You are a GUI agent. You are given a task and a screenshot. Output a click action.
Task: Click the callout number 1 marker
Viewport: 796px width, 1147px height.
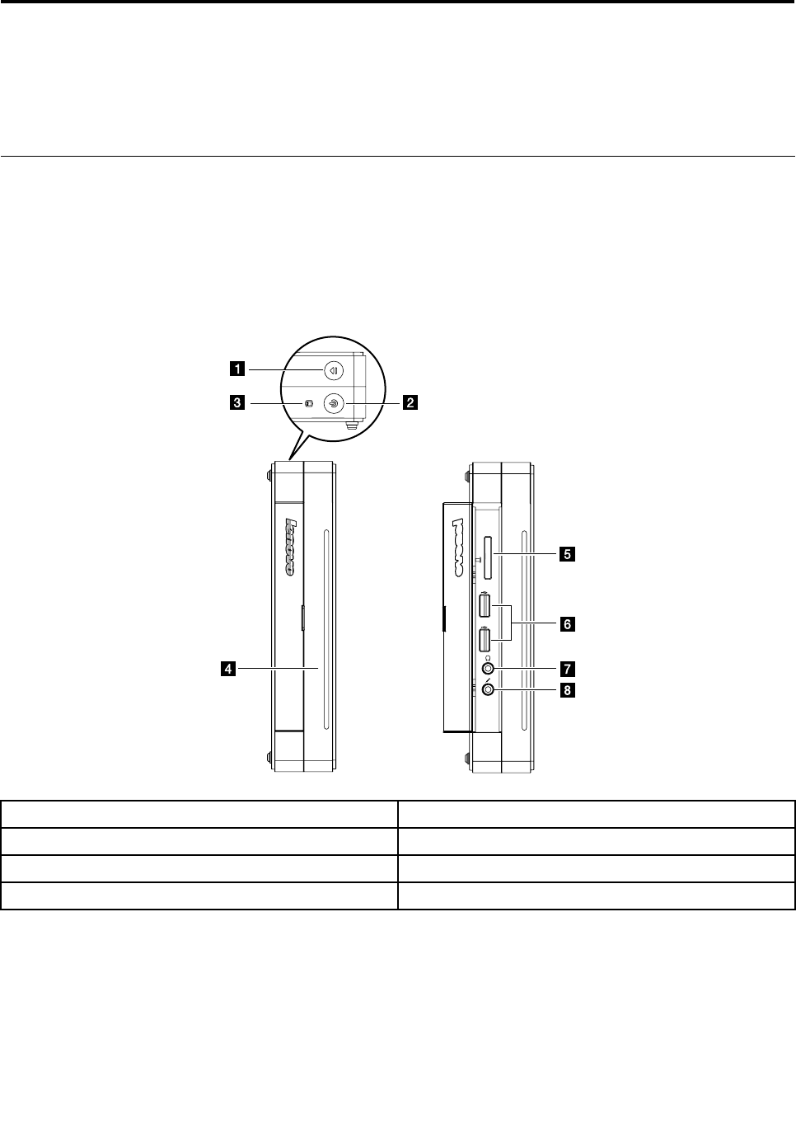point(237,369)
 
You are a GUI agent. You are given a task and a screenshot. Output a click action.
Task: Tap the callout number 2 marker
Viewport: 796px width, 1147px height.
point(410,402)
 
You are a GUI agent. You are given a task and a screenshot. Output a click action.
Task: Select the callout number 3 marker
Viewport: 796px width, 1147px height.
point(237,402)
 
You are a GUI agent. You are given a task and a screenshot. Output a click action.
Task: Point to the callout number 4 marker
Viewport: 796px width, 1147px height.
point(228,669)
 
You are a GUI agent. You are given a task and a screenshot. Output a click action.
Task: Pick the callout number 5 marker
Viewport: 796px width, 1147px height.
point(567,554)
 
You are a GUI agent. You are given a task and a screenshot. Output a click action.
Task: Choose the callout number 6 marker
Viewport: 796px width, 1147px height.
point(567,625)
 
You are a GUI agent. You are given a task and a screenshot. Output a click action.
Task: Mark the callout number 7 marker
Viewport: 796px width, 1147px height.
point(567,669)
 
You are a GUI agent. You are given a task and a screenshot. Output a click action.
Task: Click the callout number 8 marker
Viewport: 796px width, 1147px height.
point(567,690)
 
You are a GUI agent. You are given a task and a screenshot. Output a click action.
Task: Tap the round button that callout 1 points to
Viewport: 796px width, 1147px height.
point(334,370)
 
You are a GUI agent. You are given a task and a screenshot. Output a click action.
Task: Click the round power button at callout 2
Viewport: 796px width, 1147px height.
point(334,403)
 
